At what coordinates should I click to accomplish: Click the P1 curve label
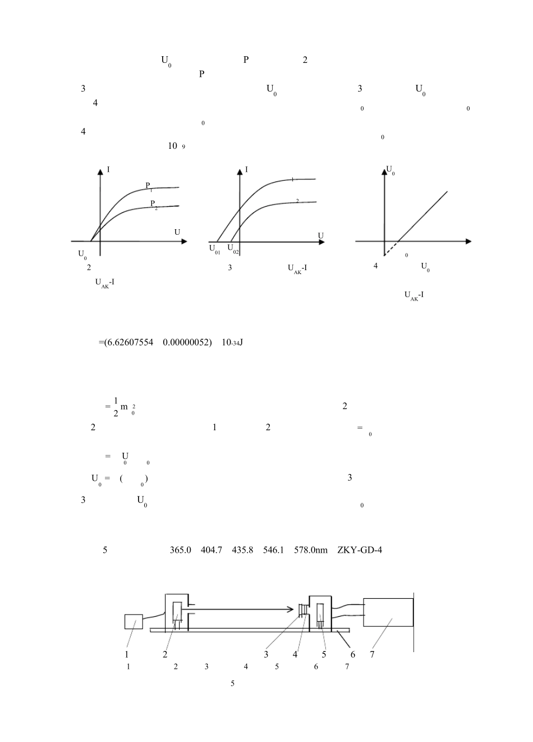tap(149, 187)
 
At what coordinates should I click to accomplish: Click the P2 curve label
tap(154, 205)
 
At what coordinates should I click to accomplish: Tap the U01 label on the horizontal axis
tap(215, 249)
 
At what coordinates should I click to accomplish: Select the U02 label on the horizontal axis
tap(233, 249)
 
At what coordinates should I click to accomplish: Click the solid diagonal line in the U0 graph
tap(423, 216)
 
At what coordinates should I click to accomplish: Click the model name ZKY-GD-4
tap(360, 550)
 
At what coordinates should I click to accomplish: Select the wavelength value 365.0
tap(180, 550)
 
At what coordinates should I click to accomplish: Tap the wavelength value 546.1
tap(273, 550)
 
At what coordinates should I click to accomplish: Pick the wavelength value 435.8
tap(242, 550)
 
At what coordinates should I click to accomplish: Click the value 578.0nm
tap(311, 550)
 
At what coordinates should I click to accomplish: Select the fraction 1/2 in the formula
tap(116, 407)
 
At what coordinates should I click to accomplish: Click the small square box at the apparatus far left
tap(134, 621)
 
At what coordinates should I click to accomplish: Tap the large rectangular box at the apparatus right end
tap(388, 612)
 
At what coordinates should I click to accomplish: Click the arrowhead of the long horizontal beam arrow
tap(290, 609)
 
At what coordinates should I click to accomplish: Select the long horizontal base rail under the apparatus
tap(250, 630)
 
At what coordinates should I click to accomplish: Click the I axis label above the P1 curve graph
tap(108, 170)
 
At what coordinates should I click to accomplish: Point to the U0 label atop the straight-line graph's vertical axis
tap(390, 170)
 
